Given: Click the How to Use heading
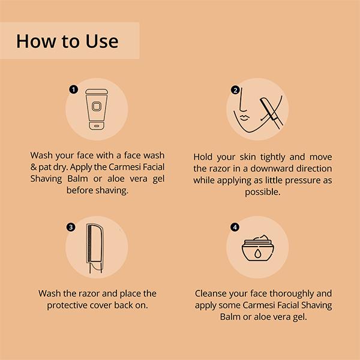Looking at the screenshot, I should (x=67, y=41).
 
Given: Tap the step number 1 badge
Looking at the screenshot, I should (x=74, y=89).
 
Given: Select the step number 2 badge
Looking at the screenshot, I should (x=236, y=90).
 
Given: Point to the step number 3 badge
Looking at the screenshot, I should (x=71, y=227).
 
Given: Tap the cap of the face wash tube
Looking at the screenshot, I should (x=97, y=127).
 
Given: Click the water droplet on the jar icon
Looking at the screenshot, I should (x=259, y=254).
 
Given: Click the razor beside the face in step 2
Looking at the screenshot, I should (x=271, y=111).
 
